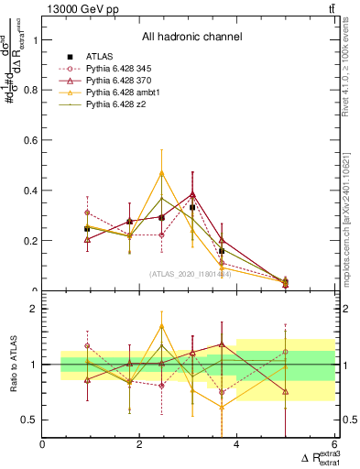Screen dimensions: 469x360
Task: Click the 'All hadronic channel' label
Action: tap(191, 37)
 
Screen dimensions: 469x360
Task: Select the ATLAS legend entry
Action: tap(100, 57)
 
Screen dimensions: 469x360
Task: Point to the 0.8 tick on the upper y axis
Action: tap(29, 91)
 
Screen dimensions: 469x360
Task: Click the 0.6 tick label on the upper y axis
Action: tap(29, 141)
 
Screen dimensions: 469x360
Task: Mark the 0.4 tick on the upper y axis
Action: tap(29, 191)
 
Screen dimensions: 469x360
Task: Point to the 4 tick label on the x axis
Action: tap(236, 445)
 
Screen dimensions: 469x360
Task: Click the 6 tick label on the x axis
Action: tap(333, 445)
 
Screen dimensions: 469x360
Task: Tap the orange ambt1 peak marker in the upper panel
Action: tap(162, 172)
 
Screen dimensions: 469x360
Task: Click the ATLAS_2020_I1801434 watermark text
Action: tap(191, 274)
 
